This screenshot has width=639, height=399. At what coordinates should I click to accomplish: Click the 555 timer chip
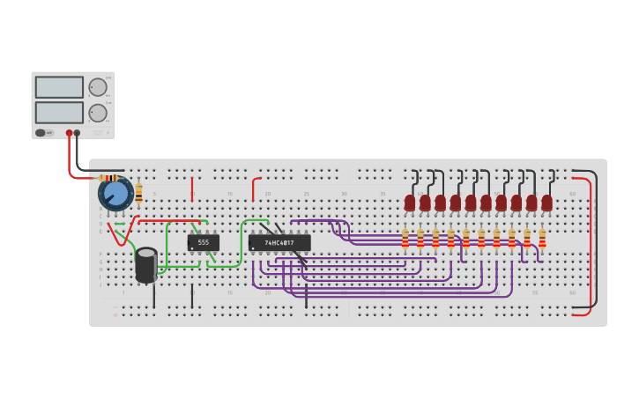coord(203,242)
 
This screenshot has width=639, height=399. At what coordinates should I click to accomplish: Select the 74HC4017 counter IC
coord(279,242)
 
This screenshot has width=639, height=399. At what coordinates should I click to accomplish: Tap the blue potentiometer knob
coord(115,195)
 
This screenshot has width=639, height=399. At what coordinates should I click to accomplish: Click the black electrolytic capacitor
coord(146,265)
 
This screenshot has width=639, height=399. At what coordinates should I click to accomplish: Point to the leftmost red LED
coord(410,203)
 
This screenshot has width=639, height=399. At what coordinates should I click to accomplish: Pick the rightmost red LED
coord(546,203)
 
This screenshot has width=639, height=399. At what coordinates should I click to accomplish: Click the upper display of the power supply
coord(59,87)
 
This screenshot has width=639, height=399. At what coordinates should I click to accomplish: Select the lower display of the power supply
coord(59,113)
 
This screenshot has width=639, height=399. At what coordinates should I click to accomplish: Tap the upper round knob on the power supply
coord(97,87)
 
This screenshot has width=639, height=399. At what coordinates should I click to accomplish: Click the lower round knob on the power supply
coord(97,113)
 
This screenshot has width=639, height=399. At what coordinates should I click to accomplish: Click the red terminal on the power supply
coord(69,133)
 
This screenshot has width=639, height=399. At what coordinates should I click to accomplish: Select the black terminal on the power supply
coord(78,133)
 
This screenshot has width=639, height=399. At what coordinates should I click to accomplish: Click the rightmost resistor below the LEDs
coord(542,239)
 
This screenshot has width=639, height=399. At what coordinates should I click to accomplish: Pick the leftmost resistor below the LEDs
coord(405,239)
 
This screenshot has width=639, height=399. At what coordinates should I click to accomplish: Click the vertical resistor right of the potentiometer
coord(138,193)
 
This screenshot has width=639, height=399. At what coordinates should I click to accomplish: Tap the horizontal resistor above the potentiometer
coord(110,178)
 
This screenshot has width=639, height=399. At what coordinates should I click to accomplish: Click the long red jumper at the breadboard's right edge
coord(589,242)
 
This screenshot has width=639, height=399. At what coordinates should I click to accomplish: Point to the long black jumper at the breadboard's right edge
coord(596,238)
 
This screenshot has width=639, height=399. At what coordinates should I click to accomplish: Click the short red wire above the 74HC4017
coord(255,188)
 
